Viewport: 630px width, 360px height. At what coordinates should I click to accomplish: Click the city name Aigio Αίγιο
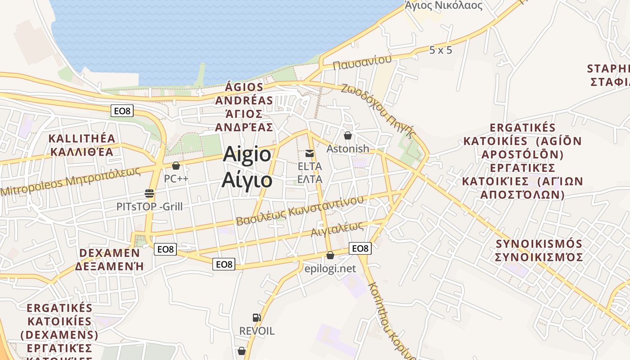coord(247,167)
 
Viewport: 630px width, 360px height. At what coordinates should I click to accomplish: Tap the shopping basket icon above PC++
coord(176,166)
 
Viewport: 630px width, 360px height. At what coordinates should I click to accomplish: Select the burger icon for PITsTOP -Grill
coord(149,194)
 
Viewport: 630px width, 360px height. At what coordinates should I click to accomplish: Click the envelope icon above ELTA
coord(310,153)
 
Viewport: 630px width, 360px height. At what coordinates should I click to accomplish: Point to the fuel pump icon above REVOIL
coord(256,318)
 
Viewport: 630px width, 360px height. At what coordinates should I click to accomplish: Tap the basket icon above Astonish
coord(347,135)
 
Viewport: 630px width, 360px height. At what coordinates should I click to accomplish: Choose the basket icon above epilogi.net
coord(330,255)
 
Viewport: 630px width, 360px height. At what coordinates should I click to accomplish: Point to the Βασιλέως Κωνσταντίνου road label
coord(300,211)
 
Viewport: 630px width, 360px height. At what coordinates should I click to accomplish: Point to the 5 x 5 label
coord(441,50)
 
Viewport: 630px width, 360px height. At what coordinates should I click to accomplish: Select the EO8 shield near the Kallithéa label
coord(122,110)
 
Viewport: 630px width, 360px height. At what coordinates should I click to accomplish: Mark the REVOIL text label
coord(256,331)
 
